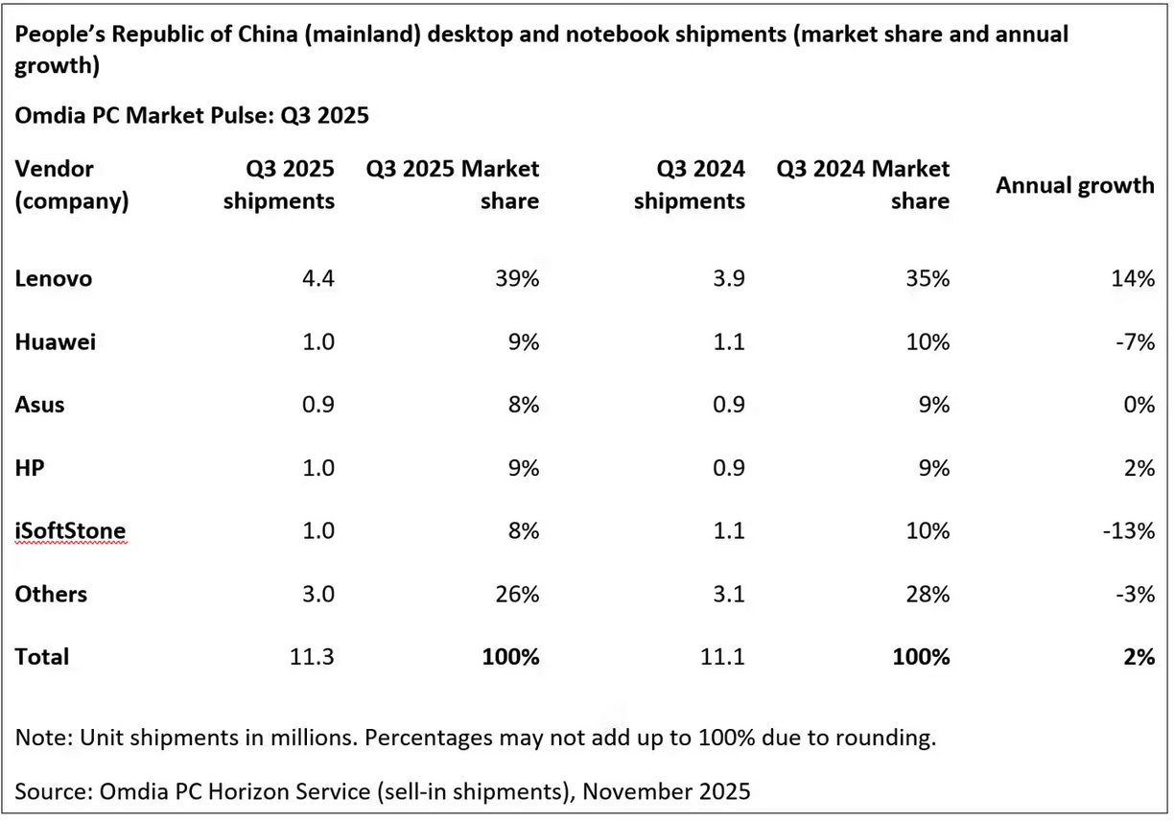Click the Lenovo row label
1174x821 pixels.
click(x=54, y=279)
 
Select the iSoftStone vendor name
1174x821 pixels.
click(x=70, y=531)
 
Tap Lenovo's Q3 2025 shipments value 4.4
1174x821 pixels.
click(x=318, y=279)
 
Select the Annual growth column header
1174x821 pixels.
click(x=1074, y=186)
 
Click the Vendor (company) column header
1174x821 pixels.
click(x=71, y=185)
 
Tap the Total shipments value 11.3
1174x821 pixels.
click(x=313, y=657)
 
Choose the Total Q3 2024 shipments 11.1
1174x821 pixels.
click(x=723, y=657)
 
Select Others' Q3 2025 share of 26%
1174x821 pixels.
click(x=519, y=595)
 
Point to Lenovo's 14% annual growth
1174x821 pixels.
click(x=1134, y=279)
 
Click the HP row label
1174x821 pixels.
click(x=30, y=468)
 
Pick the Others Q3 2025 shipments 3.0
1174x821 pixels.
click(x=318, y=595)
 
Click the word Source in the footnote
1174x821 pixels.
click(x=47, y=792)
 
